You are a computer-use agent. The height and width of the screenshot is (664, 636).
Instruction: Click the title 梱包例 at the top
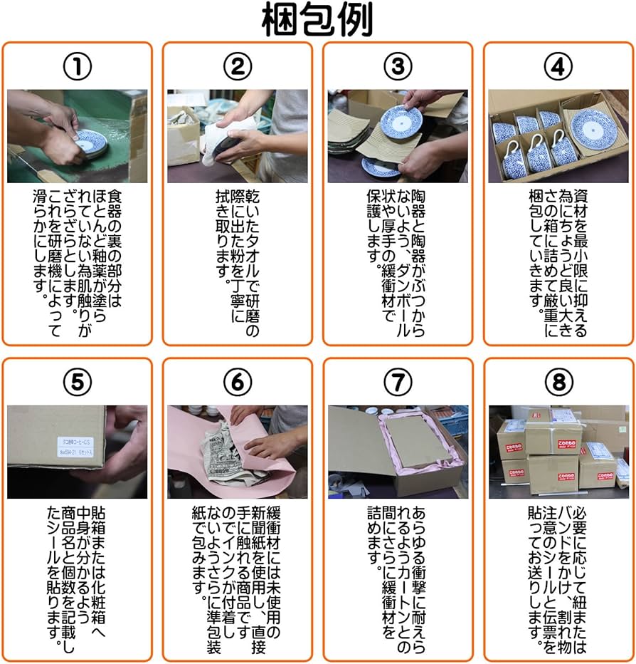[x=317, y=20]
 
